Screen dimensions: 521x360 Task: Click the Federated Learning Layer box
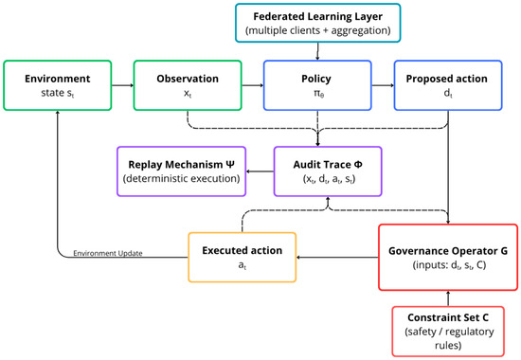[x=318, y=23]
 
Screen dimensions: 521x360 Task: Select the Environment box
[x=58, y=85]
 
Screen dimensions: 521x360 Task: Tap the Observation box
[x=188, y=85]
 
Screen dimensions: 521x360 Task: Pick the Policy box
[x=317, y=85]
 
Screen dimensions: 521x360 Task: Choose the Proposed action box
[x=448, y=85]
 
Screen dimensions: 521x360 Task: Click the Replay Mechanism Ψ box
[x=182, y=171]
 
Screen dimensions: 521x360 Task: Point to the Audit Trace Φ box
[x=328, y=171]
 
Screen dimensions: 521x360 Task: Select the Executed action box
[x=243, y=258]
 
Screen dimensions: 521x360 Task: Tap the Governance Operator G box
[x=448, y=258]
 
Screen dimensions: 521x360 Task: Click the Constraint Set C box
[x=448, y=332]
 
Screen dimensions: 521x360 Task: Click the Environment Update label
[x=108, y=253]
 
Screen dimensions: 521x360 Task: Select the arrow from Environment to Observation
[x=122, y=85]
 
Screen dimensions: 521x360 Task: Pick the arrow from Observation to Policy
[x=253, y=85]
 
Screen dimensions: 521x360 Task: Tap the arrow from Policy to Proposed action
[x=383, y=85]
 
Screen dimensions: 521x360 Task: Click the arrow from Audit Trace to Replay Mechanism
[x=260, y=171]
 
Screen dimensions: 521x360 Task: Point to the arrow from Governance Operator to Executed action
[x=337, y=258]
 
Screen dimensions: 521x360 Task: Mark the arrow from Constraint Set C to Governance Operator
[x=448, y=298]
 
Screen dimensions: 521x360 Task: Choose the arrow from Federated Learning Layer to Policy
[x=317, y=51]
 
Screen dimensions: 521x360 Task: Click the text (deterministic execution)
[x=182, y=178]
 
